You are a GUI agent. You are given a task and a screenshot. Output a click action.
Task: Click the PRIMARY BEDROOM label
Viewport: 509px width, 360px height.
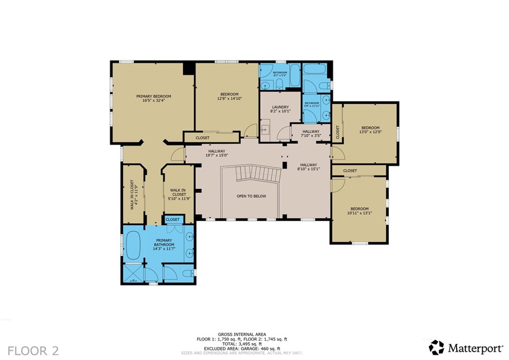point(154,96)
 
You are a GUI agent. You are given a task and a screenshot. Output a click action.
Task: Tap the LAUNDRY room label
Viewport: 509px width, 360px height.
point(280,107)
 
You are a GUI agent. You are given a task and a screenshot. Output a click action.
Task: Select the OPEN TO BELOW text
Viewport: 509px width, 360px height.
point(251,196)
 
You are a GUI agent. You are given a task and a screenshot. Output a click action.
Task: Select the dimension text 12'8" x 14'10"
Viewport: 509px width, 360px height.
point(229,98)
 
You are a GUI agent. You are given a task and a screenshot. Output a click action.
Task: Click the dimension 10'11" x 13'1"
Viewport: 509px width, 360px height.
point(359,213)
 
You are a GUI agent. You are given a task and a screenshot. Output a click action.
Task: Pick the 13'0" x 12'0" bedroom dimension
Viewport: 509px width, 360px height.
point(370,132)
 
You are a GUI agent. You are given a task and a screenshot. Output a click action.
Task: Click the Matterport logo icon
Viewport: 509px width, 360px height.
point(436,347)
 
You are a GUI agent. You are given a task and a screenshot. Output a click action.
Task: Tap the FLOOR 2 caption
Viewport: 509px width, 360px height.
point(33,351)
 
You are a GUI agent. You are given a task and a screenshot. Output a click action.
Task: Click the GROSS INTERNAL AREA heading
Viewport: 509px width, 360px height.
point(242,334)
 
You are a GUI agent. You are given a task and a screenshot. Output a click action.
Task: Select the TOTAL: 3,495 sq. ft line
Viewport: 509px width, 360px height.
point(242,344)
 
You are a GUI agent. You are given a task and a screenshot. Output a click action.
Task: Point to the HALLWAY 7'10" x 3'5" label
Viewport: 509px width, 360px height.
point(311,133)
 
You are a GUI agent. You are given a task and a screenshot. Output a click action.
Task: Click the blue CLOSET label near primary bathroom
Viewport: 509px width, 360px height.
point(172,219)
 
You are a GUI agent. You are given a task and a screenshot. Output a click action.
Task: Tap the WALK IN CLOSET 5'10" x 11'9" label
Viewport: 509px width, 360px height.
point(178,194)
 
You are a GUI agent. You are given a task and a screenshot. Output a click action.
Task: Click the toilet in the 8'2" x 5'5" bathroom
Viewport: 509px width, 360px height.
point(279,83)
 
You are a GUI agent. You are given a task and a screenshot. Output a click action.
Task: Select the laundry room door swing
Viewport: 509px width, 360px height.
point(284,133)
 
